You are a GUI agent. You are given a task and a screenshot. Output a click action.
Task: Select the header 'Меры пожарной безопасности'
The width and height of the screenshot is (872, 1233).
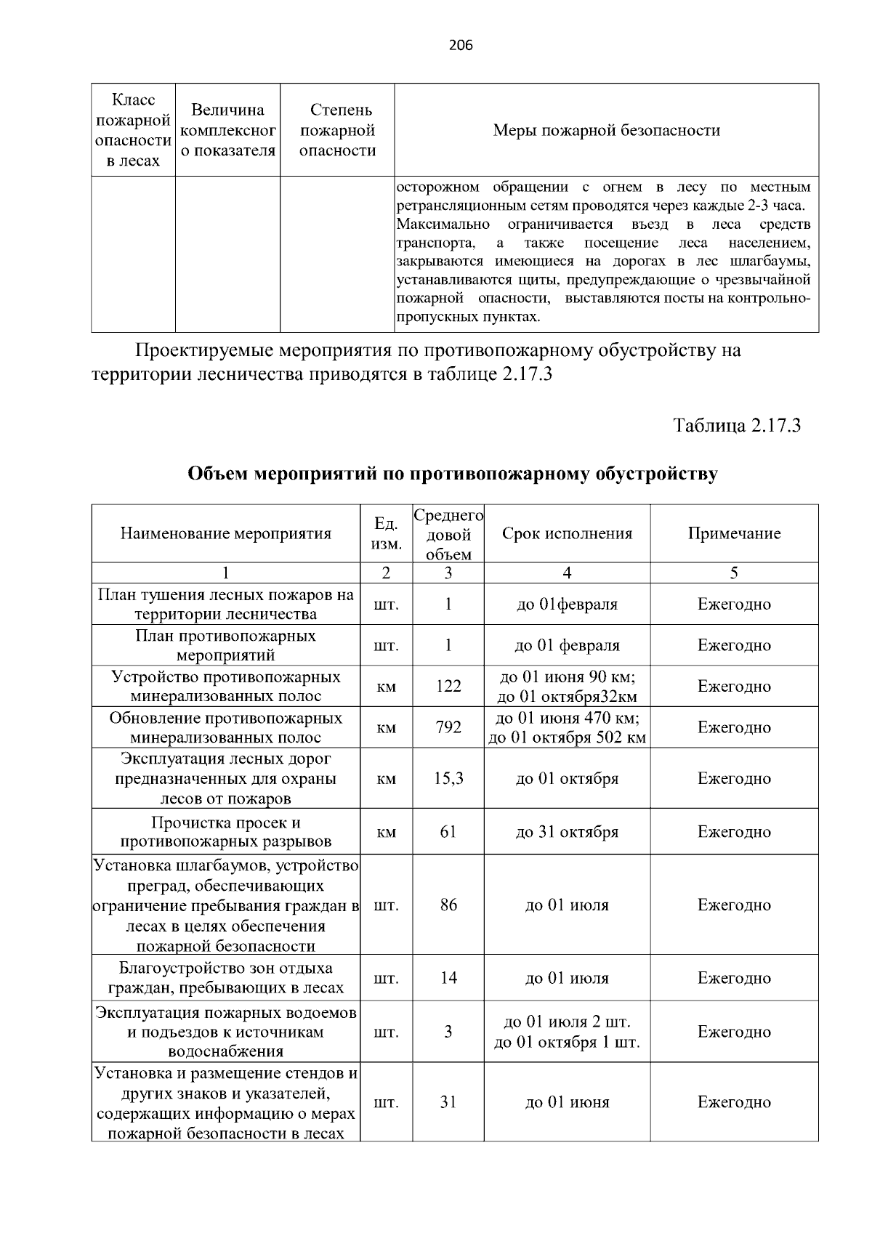(x=606, y=131)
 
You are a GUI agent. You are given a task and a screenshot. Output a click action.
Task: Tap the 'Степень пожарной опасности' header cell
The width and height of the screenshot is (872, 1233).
(x=338, y=131)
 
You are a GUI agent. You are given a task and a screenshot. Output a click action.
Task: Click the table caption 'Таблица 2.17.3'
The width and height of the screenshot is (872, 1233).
(x=737, y=426)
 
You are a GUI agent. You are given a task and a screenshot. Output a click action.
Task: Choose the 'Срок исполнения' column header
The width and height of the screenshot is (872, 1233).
(x=567, y=534)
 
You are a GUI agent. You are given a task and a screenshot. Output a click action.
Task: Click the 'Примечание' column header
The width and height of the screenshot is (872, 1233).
(x=734, y=534)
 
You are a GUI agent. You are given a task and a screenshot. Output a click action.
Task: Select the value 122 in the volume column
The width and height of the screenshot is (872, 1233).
(x=448, y=687)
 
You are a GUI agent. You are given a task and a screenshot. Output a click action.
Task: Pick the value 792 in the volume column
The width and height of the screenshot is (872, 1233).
(x=448, y=727)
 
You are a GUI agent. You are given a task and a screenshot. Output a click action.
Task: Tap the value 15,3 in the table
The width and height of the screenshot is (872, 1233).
(x=448, y=779)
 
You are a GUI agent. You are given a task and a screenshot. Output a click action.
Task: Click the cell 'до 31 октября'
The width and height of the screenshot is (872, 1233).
(x=567, y=832)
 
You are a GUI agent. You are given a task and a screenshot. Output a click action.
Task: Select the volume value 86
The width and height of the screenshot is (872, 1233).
(x=448, y=905)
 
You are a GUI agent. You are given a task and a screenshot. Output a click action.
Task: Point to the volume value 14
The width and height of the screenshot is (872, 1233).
(x=448, y=978)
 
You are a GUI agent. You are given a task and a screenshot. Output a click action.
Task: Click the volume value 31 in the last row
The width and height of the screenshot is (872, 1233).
(x=448, y=1102)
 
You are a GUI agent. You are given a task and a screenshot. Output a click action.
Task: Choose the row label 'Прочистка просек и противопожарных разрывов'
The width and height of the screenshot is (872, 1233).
(x=226, y=833)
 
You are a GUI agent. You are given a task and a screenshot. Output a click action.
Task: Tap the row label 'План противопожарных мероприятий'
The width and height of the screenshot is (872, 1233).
(x=226, y=645)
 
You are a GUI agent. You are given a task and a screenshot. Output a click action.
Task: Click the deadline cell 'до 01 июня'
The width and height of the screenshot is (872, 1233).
(x=567, y=1102)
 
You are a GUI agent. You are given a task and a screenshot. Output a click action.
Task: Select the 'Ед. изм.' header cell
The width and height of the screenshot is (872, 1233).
(x=387, y=534)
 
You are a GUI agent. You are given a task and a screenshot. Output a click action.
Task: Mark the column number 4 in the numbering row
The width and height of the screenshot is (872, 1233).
(x=567, y=573)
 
